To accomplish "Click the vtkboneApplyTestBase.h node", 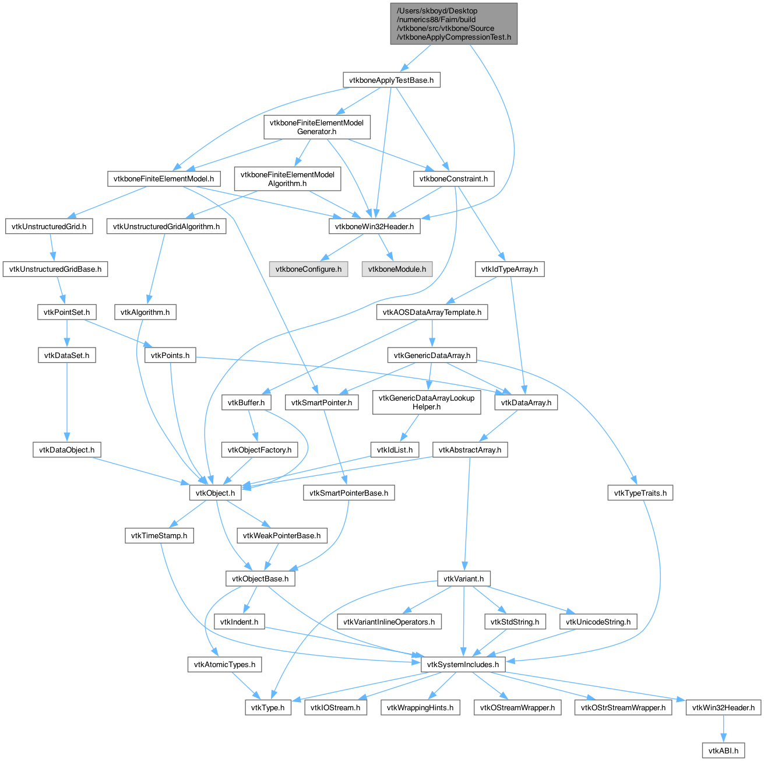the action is pyautogui.click(x=391, y=80).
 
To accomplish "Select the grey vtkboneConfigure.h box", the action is pyautogui.click(x=308, y=269).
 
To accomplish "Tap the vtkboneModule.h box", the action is pyautogui.click(x=396, y=269).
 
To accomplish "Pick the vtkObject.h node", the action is pyautogui.click(x=215, y=492).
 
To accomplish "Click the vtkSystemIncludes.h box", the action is pyautogui.click(x=462, y=664).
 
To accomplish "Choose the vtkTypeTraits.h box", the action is pyautogui.click(x=639, y=492).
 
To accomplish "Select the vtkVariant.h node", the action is pyautogui.click(x=463, y=578).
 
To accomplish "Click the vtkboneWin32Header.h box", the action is pyautogui.click(x=374, y=226).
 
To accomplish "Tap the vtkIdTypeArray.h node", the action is pyautogui.click(x=509, y=269).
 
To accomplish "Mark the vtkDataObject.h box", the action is pyautogui.click(x=66, y=449).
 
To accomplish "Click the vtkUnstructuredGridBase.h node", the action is pyautogui.click(x=55, y=269).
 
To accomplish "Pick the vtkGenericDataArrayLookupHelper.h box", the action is pyautogui.click(x=426, y=402).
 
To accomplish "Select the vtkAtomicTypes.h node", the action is pyautogui.click(x=224, y=664).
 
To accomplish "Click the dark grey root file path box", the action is pyautogui.click(x=453, y=24).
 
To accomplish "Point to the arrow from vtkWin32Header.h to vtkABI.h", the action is pyautogui.click(x=723, y=728).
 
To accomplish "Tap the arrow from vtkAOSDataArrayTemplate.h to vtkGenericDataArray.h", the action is pyautogui.click(x=432, y=334).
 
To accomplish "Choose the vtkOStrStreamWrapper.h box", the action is pyautogui.click(x=622, y=707).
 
